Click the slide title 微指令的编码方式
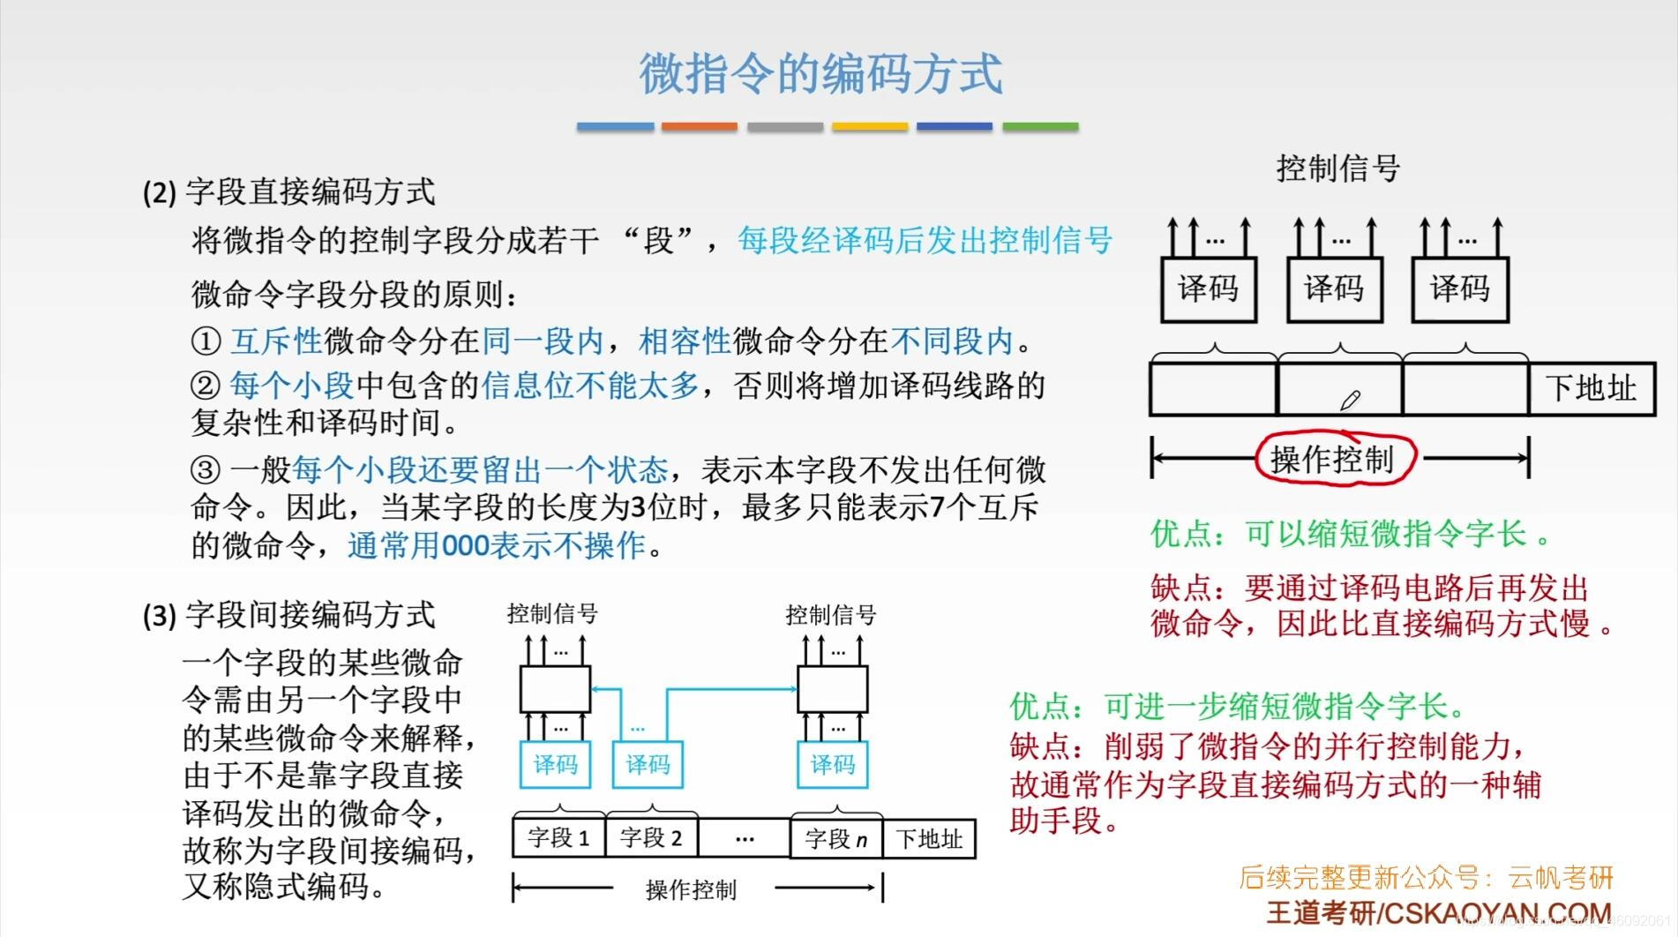[820, 73]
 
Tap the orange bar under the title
[699, 127]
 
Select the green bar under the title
[1040, 127]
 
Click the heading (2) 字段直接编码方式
[289, 191]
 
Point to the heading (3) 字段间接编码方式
[289, 615]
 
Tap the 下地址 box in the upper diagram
[1591, 388]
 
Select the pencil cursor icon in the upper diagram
[1350, 401]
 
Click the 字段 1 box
[558, 837]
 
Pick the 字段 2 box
[651, 837]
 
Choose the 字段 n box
[835, 838]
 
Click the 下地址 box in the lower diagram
[929, 838]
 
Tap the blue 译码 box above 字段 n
[832, 764]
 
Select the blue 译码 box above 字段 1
[555, 764]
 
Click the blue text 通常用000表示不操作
[498, 545]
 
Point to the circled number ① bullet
[205, 341]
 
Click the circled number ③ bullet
[205, 469]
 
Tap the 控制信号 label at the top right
[1337, 168]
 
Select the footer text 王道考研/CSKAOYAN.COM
[1439, 912]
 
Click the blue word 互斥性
[276, 341]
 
